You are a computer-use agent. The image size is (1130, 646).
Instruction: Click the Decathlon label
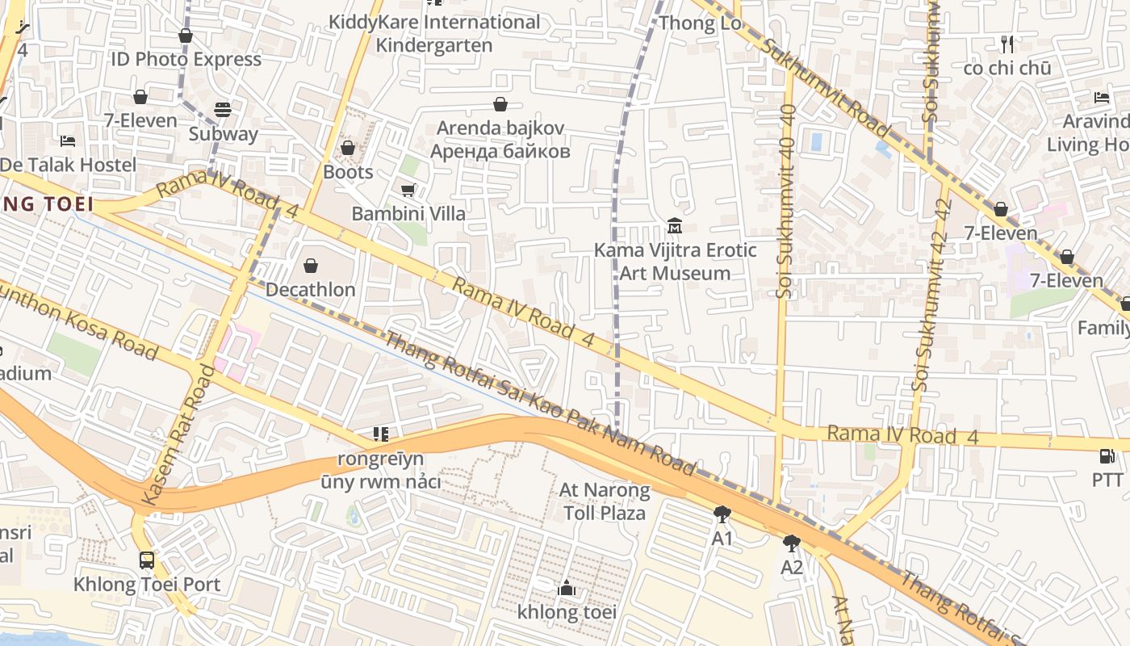click(x=310, y=289)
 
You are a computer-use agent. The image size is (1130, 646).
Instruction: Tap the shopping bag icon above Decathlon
click(x=311, y=266)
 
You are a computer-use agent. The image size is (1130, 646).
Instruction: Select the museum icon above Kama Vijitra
click(x=675, y=225)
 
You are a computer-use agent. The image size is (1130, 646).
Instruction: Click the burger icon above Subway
click(x=223, y=110)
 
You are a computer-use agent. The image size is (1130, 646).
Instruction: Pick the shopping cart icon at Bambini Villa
click(x=408, y=190)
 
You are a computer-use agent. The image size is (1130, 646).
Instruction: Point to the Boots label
click(x=348, y=172)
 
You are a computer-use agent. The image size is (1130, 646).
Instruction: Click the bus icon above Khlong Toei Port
click(x=147, y=560)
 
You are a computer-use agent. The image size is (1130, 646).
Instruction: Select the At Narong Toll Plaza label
click(x=605, y=501)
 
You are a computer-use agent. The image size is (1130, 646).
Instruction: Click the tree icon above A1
click(x=722, y=514)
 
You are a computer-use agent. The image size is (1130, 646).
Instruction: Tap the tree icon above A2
click(x=792, y=543)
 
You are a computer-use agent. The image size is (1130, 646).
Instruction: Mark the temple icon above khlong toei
click(x=567, y=588)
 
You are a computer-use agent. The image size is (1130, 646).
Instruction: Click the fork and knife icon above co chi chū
click(x=1007, y=44)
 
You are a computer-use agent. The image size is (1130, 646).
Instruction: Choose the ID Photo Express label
click(x=186, y=59)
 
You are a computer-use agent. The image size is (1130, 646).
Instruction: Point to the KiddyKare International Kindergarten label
click(x=434, y=33)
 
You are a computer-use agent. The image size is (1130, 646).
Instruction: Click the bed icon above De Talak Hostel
click(x=68, y=141)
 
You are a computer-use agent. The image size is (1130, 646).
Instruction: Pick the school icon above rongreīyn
click(x=381, y=435)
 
